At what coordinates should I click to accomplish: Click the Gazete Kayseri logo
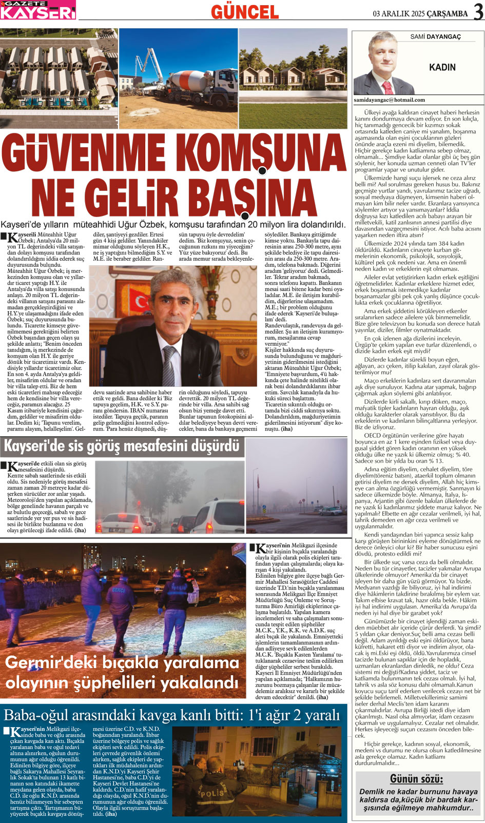(x=38, y=10)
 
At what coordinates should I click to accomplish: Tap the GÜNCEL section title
(x=245, y=11)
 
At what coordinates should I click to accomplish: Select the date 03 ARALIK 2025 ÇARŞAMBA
(x=420, y=13)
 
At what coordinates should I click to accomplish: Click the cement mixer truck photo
(x=178, y=78)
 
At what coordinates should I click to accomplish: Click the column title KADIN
(x=442, y=67)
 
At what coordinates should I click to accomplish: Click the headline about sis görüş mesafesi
(x=122, y=446)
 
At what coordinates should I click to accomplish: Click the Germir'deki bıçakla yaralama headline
(x=122, y=672)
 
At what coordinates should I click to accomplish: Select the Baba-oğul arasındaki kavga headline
(x=172, y=714)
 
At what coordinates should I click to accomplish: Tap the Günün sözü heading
(x=416, y=779)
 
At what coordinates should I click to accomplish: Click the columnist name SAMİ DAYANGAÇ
(x=435, y=37)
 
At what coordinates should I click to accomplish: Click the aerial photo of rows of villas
(x=59, y=78)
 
